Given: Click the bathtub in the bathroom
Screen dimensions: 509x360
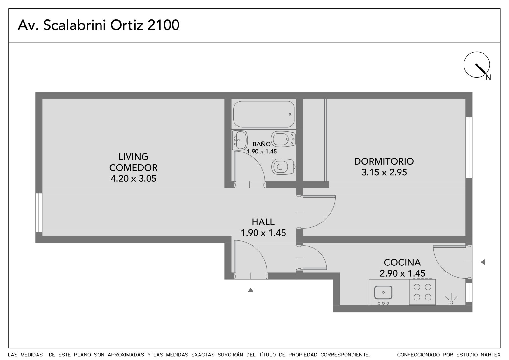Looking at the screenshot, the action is click(x=264, y=114).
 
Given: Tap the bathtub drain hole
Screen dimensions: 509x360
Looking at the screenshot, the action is click(x=290, y=114).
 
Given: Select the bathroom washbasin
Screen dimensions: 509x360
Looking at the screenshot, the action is click(x=240, y=140).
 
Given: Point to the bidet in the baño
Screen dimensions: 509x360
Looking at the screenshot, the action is click(x=283, y=139).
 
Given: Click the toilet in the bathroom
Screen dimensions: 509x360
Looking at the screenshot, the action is click(x=283, y=167).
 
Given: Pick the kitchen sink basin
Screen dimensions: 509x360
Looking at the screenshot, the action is click(x=383, y=292).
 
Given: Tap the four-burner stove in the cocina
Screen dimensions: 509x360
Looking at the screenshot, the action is click(x=422, y=292).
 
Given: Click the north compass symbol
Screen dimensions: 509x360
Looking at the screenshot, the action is click(x=477, y=65).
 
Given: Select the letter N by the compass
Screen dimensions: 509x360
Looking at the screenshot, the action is click(x=488, y=78).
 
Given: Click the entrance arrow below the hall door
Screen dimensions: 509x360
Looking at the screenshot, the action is click(x=251, y=290).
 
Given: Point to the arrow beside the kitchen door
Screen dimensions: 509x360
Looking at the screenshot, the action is click(x=483, y=262).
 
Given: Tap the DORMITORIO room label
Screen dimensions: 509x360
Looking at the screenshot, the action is click(x=384, y=161).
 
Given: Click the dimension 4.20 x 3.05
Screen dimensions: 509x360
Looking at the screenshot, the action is click(x=133, y=179).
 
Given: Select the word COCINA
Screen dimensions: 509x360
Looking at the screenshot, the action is click(x=402, y=262).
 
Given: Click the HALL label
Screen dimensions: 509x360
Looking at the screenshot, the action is click(x=263, y=222).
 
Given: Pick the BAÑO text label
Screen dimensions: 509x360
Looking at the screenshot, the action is click(x=261, y=144).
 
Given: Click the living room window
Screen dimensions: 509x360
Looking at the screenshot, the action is click(x=39, y=213).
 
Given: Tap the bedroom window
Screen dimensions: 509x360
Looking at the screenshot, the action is click(x=469, y=148).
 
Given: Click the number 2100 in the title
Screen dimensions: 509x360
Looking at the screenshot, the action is click(x=164, y=25).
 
